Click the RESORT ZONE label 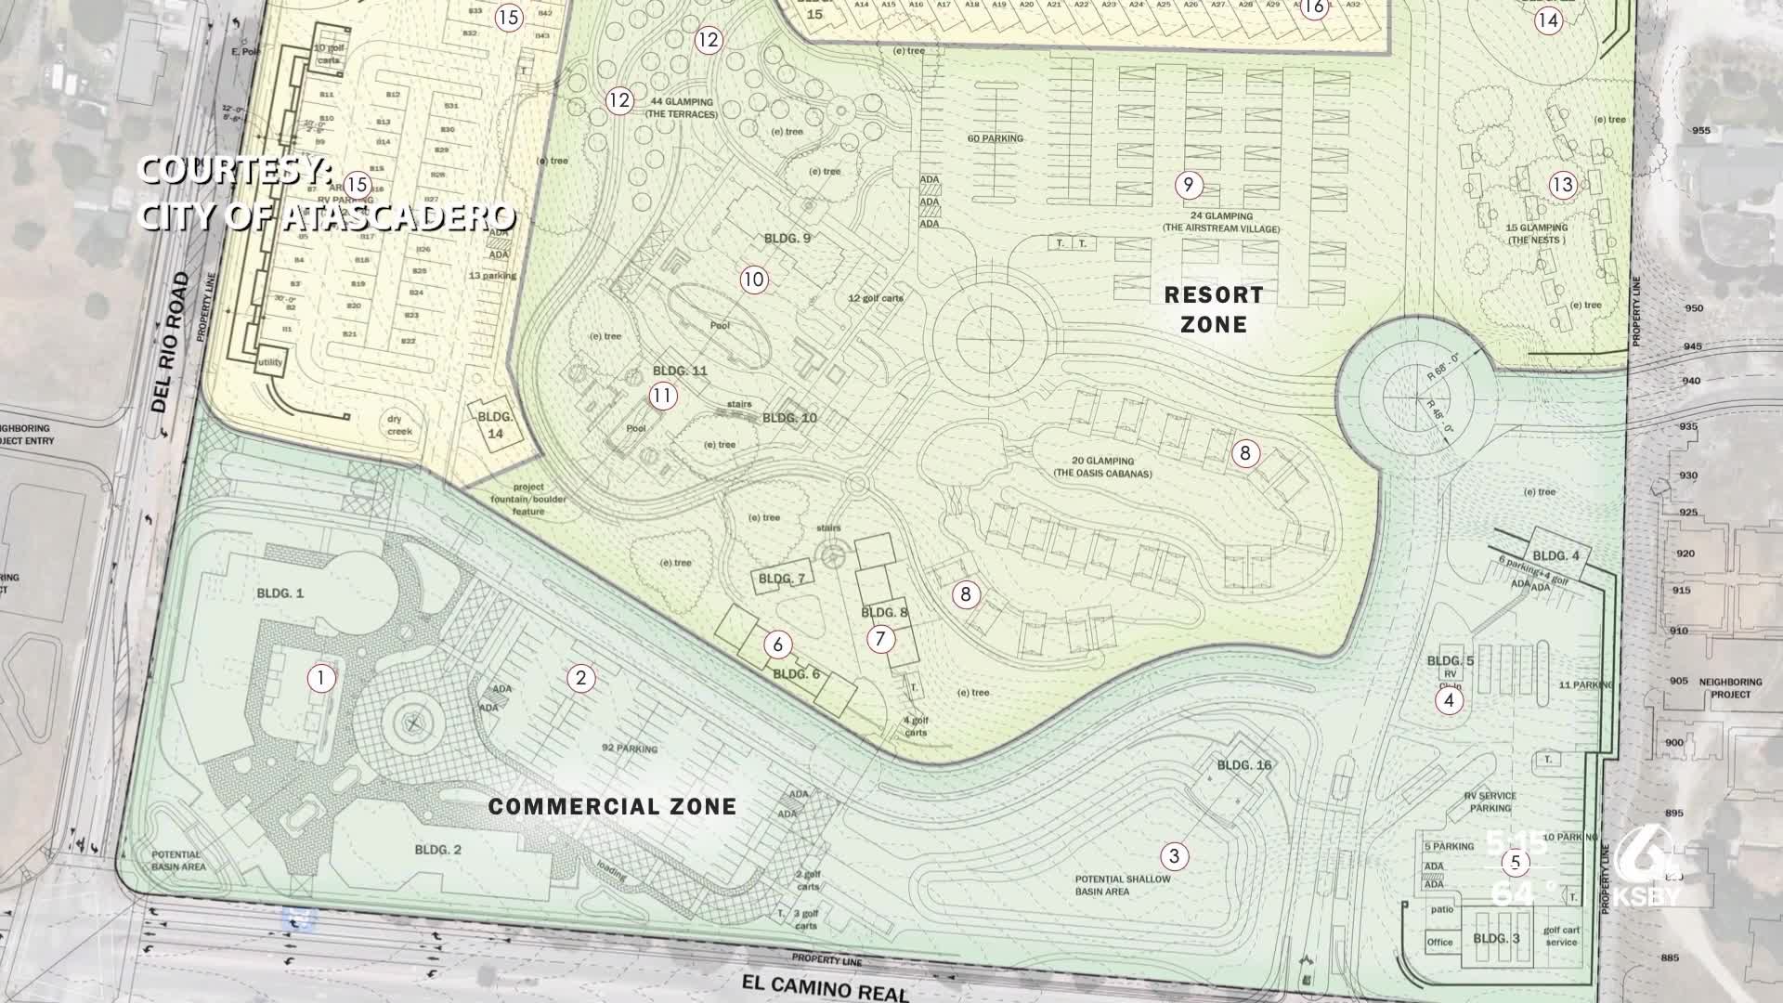click(1214, 309)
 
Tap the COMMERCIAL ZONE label click(612, 806)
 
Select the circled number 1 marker click(320, 678)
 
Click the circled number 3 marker click(1174, 855)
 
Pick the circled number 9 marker click(1188, 185)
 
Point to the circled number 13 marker click(1562, 185)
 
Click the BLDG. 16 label click(1243, 765)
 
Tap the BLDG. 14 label click(495, 425)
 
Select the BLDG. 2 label click(437, 850)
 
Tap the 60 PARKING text click(995, 138)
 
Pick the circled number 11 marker click(661, 397)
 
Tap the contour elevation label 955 click(1700, 130)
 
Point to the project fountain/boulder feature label click(528, 500)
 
